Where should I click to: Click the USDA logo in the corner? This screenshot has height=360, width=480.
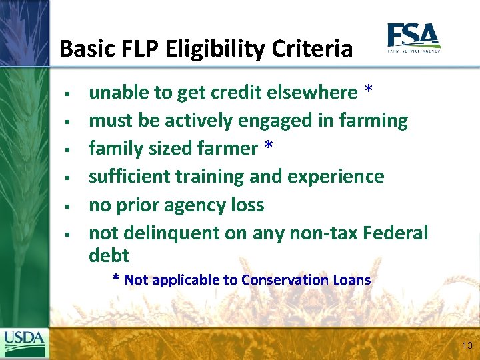(25, 343)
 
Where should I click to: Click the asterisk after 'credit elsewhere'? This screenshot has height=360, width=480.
(369, 91)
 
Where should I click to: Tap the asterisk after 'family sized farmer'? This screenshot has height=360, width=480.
(268, 147)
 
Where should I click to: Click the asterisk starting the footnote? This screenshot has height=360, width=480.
(116, 279)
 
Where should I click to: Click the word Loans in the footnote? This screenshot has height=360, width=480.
(351, 280)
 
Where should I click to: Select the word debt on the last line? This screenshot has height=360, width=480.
(109, 255)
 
